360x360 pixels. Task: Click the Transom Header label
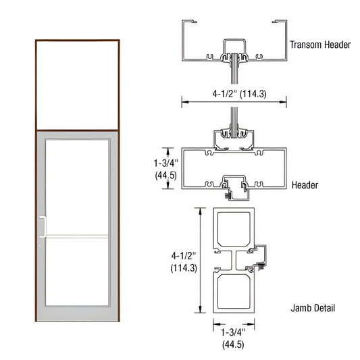click(320, 45)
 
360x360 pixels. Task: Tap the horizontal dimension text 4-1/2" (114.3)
click(234, 94)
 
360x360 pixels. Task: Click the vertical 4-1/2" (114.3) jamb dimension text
click(184, 261)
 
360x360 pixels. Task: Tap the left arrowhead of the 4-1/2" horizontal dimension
click(182, 103)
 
